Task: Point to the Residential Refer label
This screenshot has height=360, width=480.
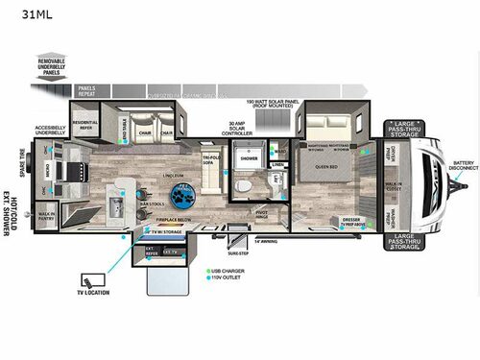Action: pos(85,125)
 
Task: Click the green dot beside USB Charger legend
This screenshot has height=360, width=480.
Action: pos(205,272)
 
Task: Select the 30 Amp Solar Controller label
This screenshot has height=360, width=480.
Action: pos(238,128)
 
